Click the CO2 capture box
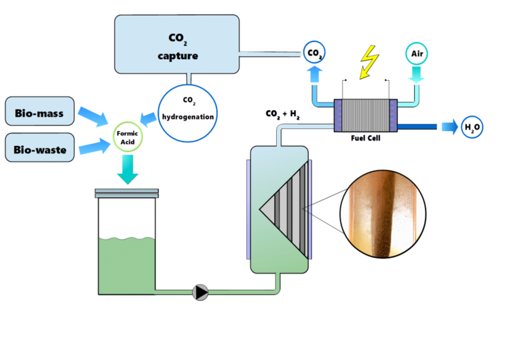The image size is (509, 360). pyautogui.click(x=177, y=44)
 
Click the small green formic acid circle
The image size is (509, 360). pyautogui.click(x=128, y=134)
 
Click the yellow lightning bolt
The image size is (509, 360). pyautogui.click(x=369, y=60)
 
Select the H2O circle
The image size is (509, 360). pyautogui.click(x=471, y=126)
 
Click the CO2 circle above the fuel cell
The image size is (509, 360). pyautogui.click(x=314, y=52)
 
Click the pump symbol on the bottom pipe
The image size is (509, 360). pyautogui.click(x=201, y=291)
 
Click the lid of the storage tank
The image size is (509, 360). pyautogui.click(x=128, y=194)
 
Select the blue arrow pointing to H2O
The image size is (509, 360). pyautogui.click(x=445, y=126)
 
